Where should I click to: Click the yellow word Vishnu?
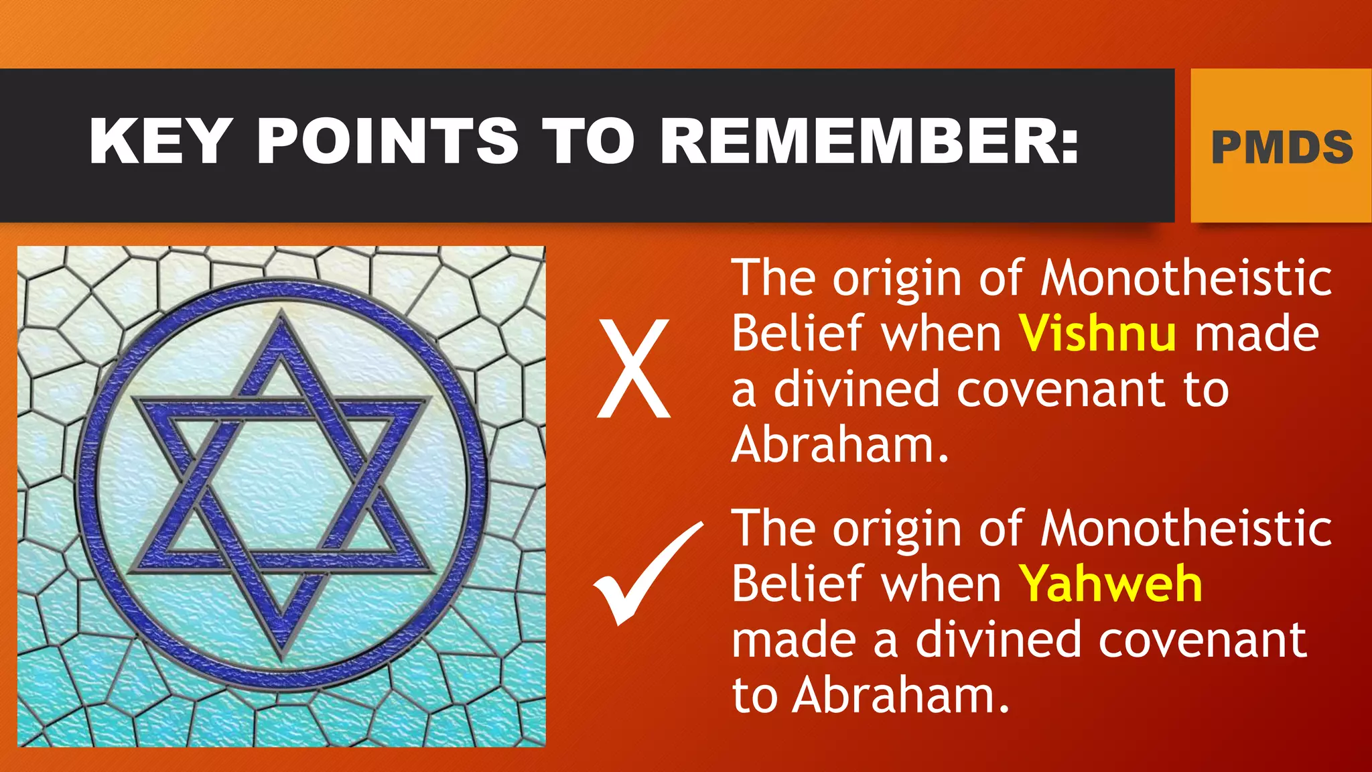tap(1097, 334)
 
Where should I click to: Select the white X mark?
tap(633, 369)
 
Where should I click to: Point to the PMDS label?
tap(1282, 147)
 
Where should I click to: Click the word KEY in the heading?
tap(161, 141)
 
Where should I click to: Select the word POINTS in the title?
tap(388, 141)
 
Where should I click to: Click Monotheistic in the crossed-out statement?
tap(1186, 278)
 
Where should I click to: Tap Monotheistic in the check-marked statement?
tap(1186, 529)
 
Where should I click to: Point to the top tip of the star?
tap(281, 315)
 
